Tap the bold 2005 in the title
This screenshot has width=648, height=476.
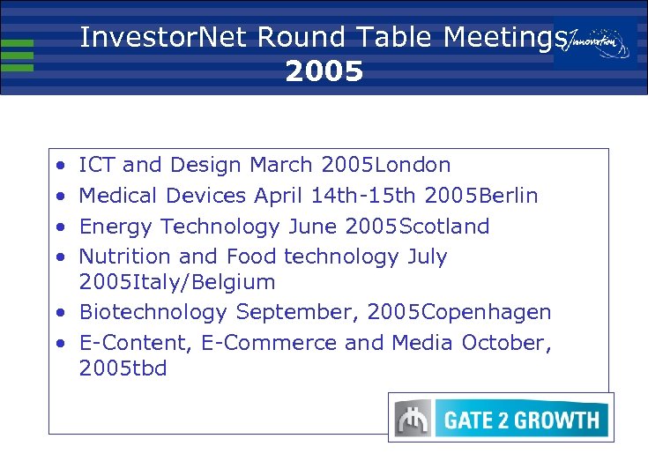tap(324, 71)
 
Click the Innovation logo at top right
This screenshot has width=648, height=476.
tap(596, 41)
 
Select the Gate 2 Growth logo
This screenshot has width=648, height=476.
tap(501, 418)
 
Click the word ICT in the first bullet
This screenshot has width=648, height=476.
tap(93, 165)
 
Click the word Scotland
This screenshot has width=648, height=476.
tap(444, 227)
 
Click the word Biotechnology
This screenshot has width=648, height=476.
tap(153, 312)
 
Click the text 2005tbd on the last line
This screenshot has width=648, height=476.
tap(123, 368)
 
